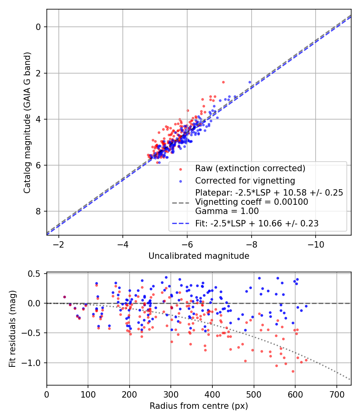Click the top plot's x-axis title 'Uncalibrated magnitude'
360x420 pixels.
pyautogui.click(x=199, y=256)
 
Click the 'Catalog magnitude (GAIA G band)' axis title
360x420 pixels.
pyautogui.click(x=27, y=122)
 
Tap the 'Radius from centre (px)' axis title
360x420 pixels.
pyautogui.click(x=199, y=406)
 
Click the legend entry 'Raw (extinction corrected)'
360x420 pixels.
pyautogui.click(x=250, y=168)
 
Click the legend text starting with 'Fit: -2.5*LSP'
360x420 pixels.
pyautogui.click(x=257, y=224)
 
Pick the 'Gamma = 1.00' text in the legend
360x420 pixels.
pyautogui.click(x=227, y=211)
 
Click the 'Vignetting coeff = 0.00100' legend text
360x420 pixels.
pyautogui.click(x=252, y=202)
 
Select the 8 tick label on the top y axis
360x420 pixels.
pyautogui.click(x=39, y=212)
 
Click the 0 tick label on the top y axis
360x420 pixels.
pyautogui.click(x=39, y=27)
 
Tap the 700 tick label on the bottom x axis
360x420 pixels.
pyautogui.click(x=336, y=395)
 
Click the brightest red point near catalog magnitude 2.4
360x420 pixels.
pyautogui.click(x=223, y=82)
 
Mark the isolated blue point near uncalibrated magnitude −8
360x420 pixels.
pyautogui.click(x=250, y=82)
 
